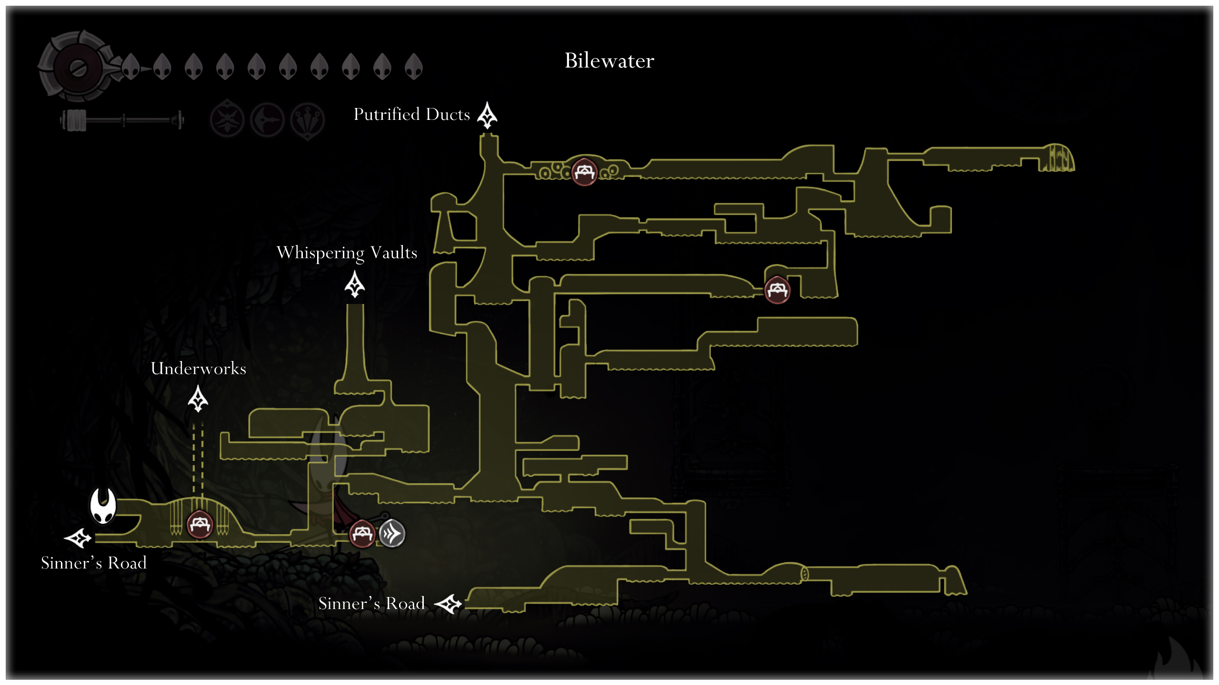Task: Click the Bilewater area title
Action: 609,61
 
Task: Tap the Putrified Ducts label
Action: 411,115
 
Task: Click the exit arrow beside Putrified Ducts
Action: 487,115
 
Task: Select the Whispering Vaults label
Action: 347,253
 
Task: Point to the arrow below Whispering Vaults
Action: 355,284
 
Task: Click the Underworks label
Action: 198,369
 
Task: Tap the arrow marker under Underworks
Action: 198,399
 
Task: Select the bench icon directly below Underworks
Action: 200,525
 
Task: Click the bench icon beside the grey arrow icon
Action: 362,534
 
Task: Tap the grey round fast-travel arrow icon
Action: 392,534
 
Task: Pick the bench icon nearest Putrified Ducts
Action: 584,172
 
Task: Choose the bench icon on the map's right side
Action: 777,290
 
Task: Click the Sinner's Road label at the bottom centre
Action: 371,604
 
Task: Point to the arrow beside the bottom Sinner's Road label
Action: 448,604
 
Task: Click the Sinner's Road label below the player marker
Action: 94,563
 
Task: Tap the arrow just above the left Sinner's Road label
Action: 78,538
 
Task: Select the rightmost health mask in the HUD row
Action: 413,66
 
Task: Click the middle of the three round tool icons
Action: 268,119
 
